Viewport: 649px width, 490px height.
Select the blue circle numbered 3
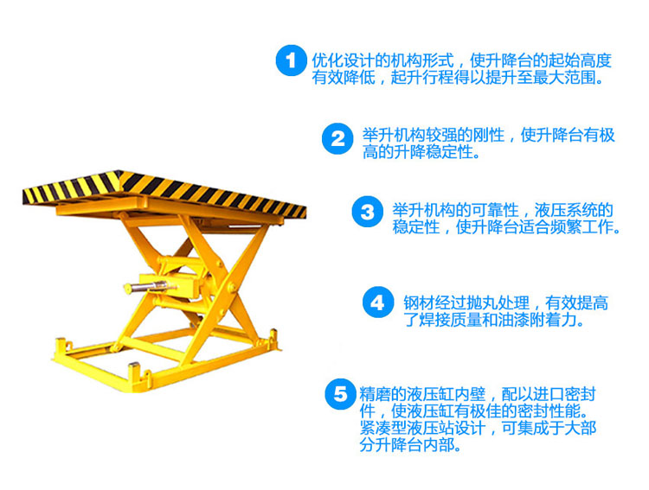[367, 212]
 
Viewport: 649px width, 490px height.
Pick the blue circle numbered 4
[377, 302]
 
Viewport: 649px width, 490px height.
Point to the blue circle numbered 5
[338, 394]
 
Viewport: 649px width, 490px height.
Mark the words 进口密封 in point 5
[561, 394]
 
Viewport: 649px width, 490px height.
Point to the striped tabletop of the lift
[164, 189]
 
